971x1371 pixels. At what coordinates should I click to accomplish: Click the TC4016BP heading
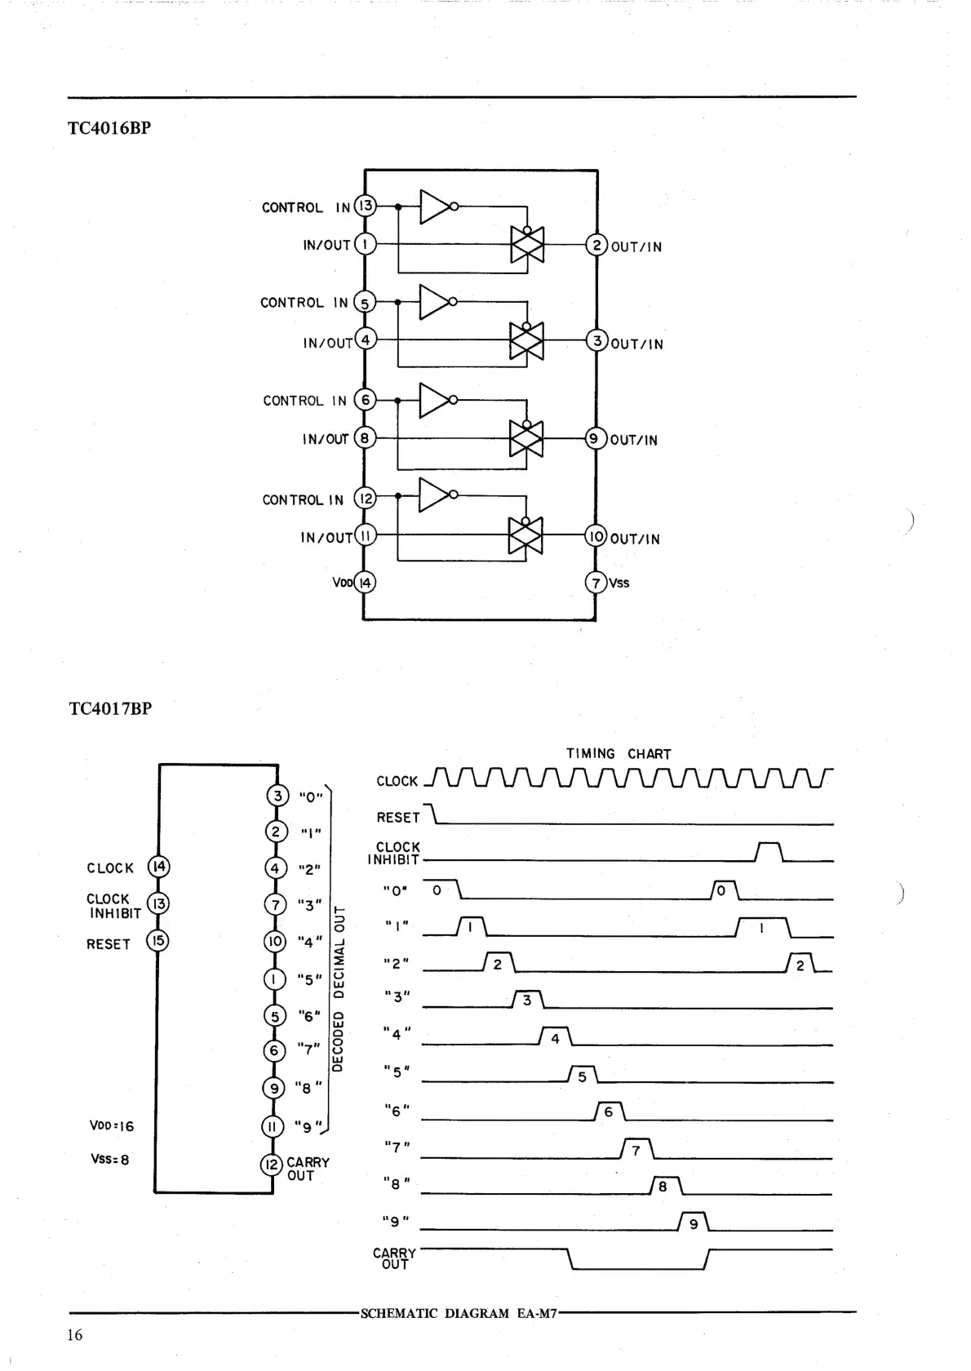[x=109, y=128]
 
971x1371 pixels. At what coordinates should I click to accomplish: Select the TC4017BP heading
[x=110, y=708]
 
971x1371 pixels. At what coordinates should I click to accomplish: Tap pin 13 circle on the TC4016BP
[x=365, y=206]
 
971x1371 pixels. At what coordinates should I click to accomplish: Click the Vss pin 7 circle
[x=596, y=583]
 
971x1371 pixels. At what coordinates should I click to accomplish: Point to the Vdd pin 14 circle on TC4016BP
[x=365, y=583]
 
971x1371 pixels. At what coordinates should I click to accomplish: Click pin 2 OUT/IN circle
[x=597, y=246]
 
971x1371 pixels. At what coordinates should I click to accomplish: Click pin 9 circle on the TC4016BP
[x=595, y=439]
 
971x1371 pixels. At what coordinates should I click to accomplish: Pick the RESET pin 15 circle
[x=157, y=941]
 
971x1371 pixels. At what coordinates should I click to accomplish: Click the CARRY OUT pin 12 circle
[x=272, y=1165]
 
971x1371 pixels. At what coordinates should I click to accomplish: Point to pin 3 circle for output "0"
[x=277, y=796]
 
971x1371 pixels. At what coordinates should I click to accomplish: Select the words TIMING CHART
[x=619, y=753]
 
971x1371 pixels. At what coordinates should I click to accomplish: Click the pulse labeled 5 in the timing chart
[x=583, y=1075]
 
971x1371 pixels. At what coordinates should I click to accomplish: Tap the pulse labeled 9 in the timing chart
[x=694, y=1222]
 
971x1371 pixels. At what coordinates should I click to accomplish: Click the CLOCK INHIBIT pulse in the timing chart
[x=769, y=852]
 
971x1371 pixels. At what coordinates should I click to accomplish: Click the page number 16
[x=75, y=1335]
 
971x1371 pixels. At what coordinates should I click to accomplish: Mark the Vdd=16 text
[x=112, y=1126]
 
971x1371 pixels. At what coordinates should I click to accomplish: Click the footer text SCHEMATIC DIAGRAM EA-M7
[x=459, y=1314]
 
